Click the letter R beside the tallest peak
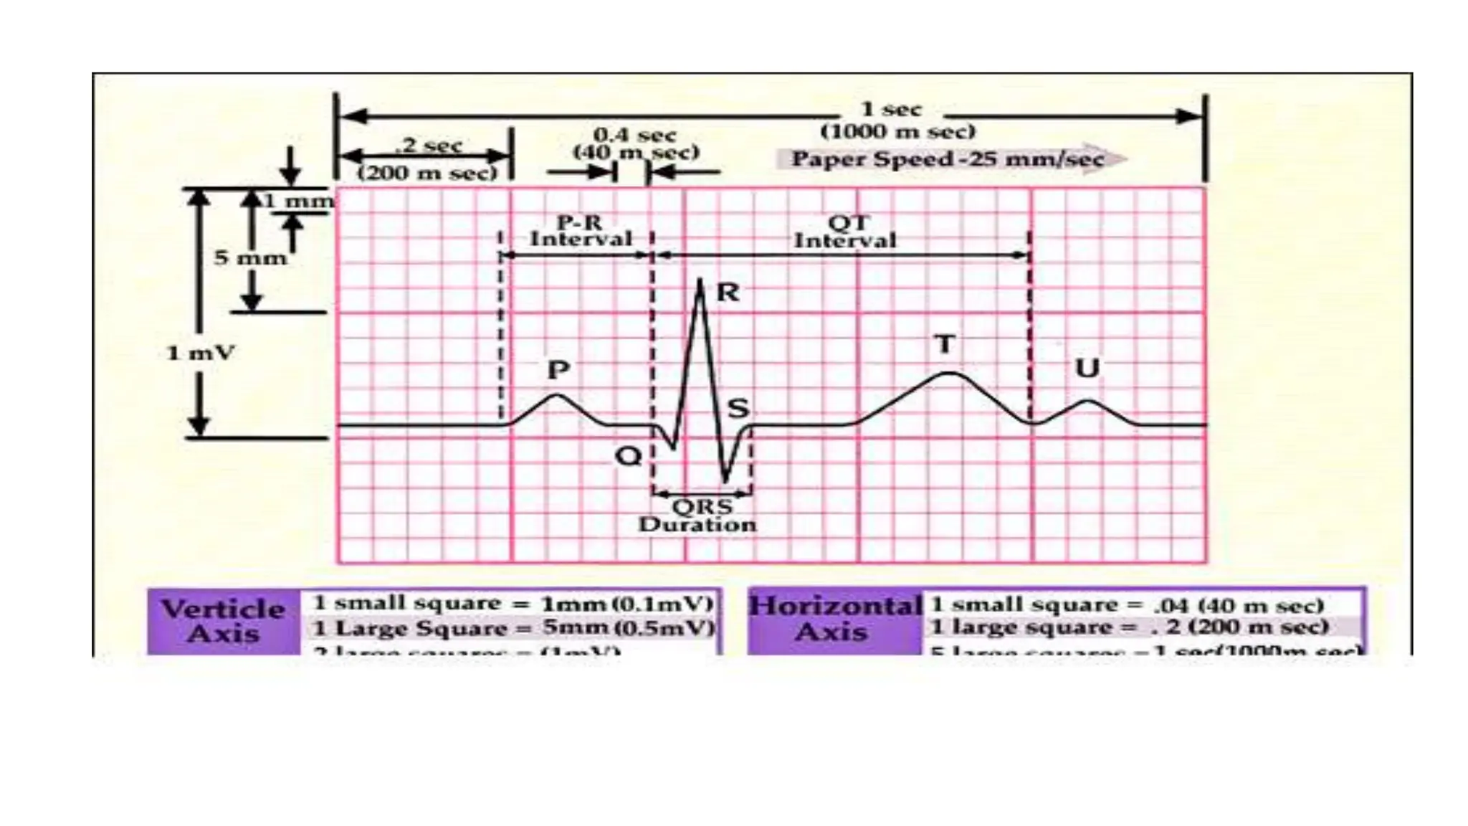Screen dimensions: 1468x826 coord(728,293)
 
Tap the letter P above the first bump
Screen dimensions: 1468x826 coord(558,370)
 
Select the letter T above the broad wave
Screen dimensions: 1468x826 coord(945,344)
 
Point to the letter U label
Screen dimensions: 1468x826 coord(1087,369)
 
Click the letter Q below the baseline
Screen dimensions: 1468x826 coord(629,456)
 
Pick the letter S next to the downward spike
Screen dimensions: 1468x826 coord(738,409)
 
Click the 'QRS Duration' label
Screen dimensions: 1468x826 coord(698,516)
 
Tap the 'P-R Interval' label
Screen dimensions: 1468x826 coord(581,231)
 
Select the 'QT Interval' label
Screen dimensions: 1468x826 coord(846,232)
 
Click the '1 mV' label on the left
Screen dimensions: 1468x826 coord(201,353)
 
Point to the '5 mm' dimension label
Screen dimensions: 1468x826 coord(250,257)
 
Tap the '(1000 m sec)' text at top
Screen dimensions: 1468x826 coord(898,132)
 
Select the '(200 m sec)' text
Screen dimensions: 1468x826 coord(427,174)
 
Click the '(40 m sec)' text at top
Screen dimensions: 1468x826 coord(636,152)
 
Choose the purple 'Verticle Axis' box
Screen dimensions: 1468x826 coord(224,621)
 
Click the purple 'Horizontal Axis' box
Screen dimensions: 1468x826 coord(834,619)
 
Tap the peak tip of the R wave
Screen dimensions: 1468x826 coord(700,280)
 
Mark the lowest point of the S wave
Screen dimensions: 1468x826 coord(725,480)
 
